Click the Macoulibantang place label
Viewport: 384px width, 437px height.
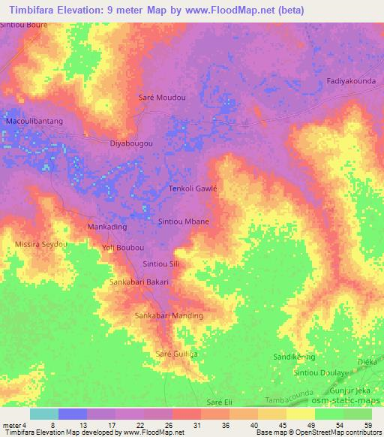34,120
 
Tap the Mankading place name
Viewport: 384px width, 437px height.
107,226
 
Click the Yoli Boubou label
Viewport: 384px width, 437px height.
122,247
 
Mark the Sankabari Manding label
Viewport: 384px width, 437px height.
169,315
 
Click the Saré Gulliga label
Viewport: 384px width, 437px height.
176,353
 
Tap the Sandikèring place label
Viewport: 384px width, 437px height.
294,357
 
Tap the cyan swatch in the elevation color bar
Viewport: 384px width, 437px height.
44,414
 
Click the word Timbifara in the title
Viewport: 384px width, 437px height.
34,9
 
